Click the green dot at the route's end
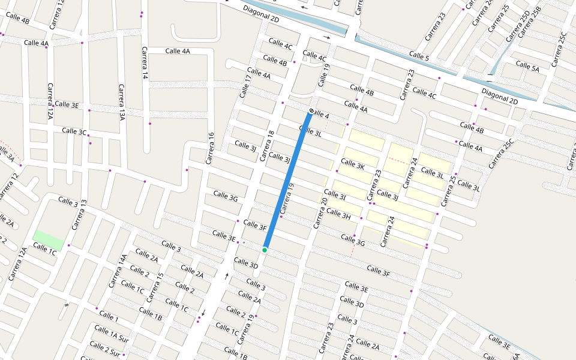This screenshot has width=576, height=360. click(265, 250)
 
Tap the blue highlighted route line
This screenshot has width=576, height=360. click(287, 180)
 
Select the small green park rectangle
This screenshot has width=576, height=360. click(48, 239)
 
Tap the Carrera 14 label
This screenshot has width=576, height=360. click(145, 63)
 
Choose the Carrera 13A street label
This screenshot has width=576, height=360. click(122, 102)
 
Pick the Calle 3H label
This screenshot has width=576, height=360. click(338, 214)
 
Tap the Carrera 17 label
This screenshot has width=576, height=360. click(247, 85)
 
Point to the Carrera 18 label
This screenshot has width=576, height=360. click(266, 146)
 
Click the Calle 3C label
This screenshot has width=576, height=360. click(74, 131)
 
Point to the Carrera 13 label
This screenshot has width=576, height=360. click(79, 215)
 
